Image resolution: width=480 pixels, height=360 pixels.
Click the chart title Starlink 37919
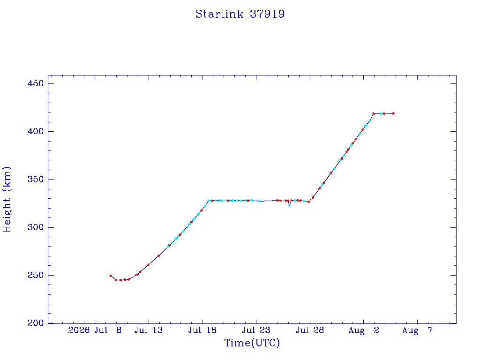240,14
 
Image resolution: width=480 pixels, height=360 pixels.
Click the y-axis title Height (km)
7,199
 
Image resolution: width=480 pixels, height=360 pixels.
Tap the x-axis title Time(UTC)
252,343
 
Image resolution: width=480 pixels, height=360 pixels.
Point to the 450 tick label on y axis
36,83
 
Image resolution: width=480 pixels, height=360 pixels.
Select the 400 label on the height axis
36,131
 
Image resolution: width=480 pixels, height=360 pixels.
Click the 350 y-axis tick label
36,180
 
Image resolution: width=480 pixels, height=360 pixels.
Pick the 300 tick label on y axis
36,227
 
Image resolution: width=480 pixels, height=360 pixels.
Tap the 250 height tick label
36,275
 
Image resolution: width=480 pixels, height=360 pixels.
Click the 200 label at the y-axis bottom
36,323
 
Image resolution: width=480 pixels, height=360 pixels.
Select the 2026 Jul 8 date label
95,330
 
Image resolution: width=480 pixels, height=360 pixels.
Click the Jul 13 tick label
149,330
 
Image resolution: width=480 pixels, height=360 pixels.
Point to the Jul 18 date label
202,330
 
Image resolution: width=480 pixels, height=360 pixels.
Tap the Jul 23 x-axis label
256,330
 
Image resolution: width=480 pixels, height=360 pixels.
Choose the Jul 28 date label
310,330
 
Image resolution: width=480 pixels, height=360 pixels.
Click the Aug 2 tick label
364,330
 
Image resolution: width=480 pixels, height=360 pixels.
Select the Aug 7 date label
418,330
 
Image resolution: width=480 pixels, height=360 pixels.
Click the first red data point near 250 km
111,276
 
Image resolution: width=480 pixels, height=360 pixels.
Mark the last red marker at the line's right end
393,113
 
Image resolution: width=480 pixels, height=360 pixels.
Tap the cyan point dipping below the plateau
289,205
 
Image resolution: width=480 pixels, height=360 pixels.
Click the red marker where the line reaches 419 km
374,113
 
